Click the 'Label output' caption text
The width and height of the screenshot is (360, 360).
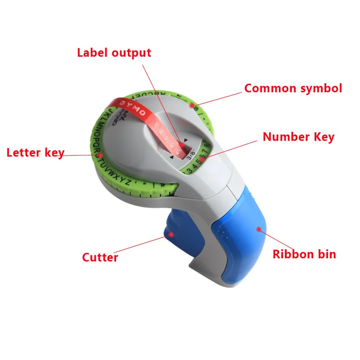(x=114, y=53)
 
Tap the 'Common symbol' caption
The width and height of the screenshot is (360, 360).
(x=293, y=88)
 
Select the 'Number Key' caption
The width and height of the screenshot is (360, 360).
(x=298, y=137)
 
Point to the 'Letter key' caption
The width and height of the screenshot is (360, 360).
(x=35, y=153)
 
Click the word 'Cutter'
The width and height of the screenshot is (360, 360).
(x=100, y=257)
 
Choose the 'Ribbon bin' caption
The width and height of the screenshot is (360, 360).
(x=304, y=254)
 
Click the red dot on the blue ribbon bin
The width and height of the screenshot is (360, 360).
(x=259, y=229)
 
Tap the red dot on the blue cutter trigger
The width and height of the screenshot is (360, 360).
(x=171, y=234)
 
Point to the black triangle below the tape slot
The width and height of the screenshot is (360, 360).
(x=171, y=158)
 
